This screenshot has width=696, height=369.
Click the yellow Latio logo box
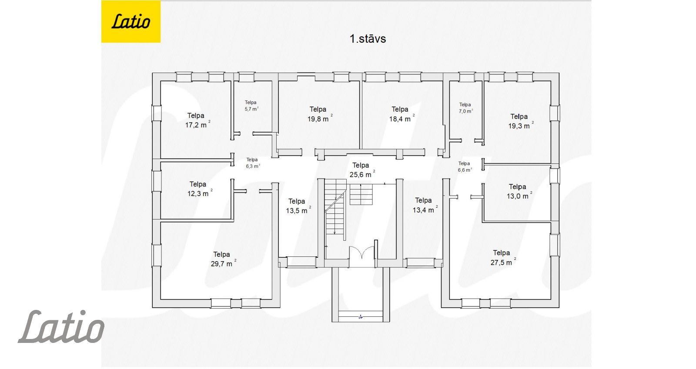coord(131,21)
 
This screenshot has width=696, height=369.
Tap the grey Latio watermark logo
coord(61,326)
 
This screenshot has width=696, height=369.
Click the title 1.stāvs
coord(368,39)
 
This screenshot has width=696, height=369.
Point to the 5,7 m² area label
coord(251,106)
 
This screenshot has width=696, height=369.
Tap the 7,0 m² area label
coord(466,108)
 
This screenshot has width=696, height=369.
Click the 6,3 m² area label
coord(253,163)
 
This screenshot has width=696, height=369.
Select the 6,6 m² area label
coord(465,166)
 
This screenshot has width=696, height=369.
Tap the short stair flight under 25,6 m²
coord(361,194)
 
